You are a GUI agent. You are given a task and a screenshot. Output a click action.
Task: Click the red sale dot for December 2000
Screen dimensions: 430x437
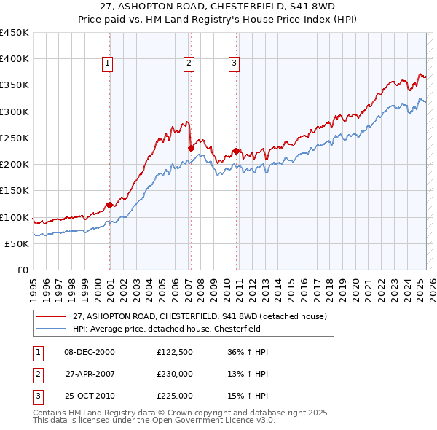coord(109,205)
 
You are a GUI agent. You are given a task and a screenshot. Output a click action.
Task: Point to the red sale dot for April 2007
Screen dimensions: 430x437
coord(191,148)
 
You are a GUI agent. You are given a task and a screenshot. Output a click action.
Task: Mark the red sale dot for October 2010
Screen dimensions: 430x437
coord(237,151)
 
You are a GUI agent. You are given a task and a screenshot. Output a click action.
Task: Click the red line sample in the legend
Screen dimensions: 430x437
coord(51,316)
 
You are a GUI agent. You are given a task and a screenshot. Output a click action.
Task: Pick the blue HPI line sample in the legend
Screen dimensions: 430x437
coord(51,329)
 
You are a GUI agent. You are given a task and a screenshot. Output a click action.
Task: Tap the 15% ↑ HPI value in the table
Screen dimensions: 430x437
coord(248,396)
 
